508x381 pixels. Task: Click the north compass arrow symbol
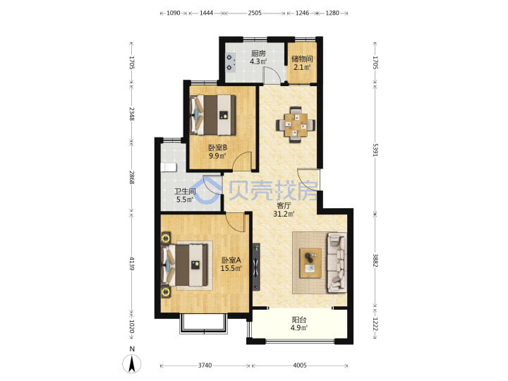pyautogui.click(x=131, y=364)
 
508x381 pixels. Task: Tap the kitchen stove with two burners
pyautogui.click(x=231, y=63)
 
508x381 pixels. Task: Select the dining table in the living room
pyautogui.click(x=296, y=125)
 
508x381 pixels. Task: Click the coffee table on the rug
pyautogui.click(x=310, y=263)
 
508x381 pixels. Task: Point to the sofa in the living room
pyautogui.click(x=337, y=262)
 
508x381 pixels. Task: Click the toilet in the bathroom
pyautogui.click(x=168, y=167)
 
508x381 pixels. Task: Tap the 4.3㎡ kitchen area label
pyautogui.click(x=258, y=61)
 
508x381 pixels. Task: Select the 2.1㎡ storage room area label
pyautogui.click(x=302, y=68)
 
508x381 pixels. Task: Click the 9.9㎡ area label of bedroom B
pyautogui.click(x=217, y=156)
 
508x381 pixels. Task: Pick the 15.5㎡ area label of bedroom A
pyautogui.click(x=231, y=268)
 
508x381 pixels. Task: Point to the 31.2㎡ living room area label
pyautogui.click(x=284, y=214)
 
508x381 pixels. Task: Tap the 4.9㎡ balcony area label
pyautogui.click(x=298, y=327)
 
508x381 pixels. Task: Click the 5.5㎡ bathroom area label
pyautogui.click(x=185, y=200)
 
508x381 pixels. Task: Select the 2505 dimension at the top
pyautogui.click(x=255, y=13)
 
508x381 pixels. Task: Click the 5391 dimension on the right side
pyautogui.click(x=375, y=150)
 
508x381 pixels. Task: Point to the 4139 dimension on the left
pyautogui.click(x=132, y=263)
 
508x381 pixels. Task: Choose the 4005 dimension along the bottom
pyautogui.click(x=300, y=365)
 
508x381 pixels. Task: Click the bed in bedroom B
pyautogui.click(x=213, y=115)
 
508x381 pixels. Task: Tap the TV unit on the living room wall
pyautogui.click(x=256, y=267)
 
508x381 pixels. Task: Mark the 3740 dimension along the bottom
pyautogui.click(x=205, y=365)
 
